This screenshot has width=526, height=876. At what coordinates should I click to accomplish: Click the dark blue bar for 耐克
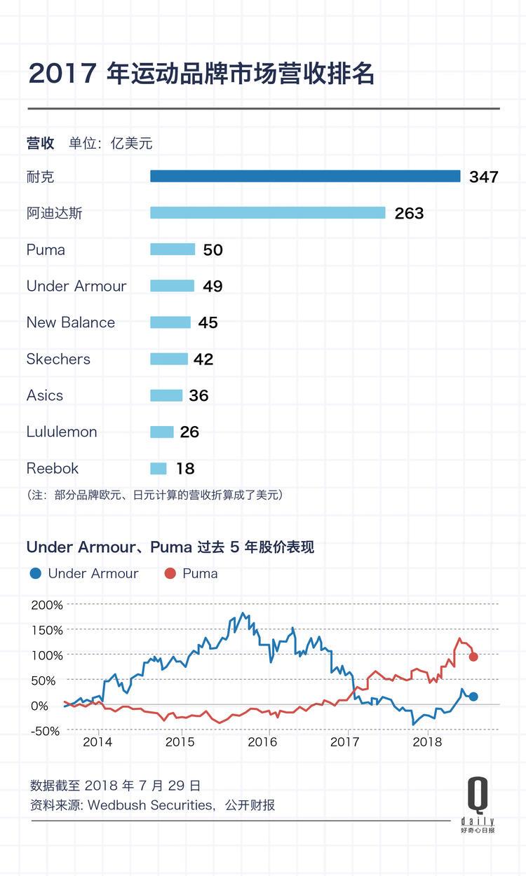tap(305, 177)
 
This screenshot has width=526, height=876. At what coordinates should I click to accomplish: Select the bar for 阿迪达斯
tap(267, 212)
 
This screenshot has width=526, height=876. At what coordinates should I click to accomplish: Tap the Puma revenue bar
tap(173, 249)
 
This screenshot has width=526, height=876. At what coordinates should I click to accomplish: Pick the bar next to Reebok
tap(159, 468)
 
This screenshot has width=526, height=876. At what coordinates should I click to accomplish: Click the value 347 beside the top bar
tap(484, 177)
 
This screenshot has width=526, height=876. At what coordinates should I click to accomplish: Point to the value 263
tap(409, 213)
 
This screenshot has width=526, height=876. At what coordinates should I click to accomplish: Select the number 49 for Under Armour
tap(213, 286)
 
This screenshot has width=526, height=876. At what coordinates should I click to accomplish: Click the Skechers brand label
tap(58, 359)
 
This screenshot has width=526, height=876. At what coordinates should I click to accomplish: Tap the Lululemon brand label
tap(62, 432)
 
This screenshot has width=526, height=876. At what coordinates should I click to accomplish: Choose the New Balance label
tap(71, 322)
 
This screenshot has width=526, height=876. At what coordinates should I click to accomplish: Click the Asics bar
tap(166, 395)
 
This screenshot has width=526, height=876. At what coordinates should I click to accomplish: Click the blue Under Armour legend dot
tap(36, 573)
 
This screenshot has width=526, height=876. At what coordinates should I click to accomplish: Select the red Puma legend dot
tap(170, 573)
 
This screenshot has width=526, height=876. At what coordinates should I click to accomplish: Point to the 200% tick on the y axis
tap(48, 604)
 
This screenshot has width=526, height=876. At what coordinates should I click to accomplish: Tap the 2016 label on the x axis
tap(262, 742)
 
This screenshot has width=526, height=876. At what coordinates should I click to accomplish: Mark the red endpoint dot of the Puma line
tap(473, 657)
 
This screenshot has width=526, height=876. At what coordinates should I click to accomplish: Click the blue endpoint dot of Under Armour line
tap(473, 697)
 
